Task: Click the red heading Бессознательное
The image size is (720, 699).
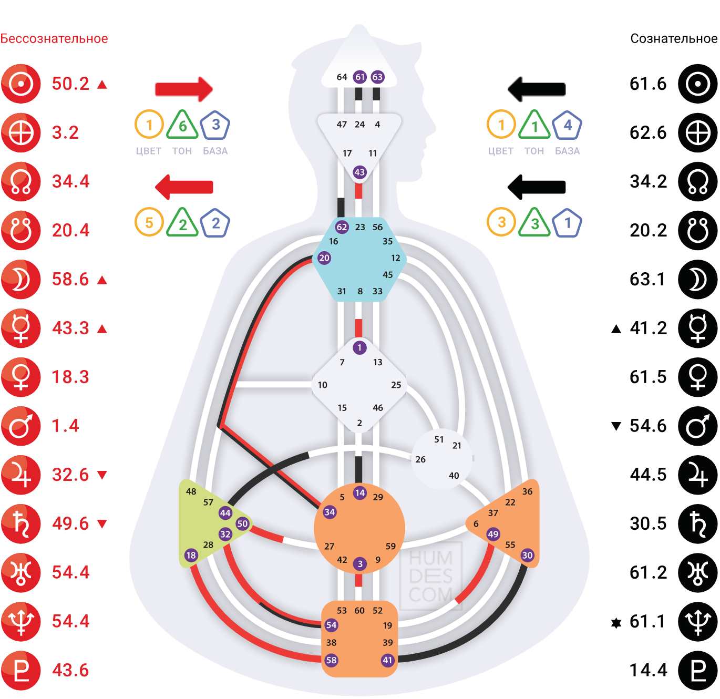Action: click(54, 38)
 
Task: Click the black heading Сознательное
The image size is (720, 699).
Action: click(674, 38)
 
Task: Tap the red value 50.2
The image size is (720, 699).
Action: click(70, 84)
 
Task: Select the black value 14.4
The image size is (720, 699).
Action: click(648, 670)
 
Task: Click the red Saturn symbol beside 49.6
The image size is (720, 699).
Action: click(20, 523)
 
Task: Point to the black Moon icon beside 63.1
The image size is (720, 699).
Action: click(697, 280)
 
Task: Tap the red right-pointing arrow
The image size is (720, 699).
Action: click(184, 89)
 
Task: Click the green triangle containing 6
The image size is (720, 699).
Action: click(182, 125)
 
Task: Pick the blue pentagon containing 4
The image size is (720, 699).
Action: click(567, 125)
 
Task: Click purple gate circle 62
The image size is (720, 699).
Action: click(342, 227)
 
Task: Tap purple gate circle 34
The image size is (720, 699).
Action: click(330, 512)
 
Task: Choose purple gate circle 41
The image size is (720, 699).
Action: click(387, 660)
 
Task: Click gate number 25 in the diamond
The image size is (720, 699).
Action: click(396, 385)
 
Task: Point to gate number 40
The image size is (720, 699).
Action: click(454, 476)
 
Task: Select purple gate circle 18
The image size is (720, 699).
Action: click(191, 555)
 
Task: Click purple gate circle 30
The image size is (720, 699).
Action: click(527, 555)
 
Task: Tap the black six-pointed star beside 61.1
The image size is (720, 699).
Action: click(616, 623)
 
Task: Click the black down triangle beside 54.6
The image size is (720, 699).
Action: click(616, 426)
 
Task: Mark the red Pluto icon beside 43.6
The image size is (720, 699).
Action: click(20, 670)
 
